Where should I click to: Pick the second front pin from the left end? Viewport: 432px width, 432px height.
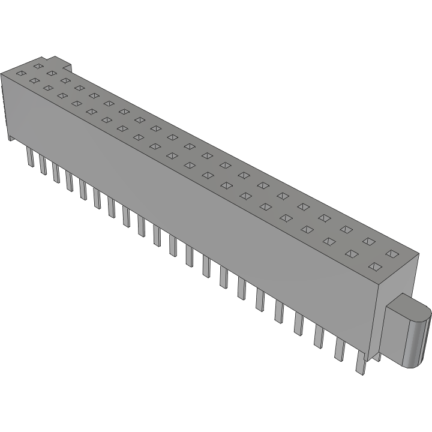(x=43, y=164)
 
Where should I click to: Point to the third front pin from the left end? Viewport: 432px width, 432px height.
(x=56, y=172)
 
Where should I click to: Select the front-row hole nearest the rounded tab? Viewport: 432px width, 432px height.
(x=376, y=266)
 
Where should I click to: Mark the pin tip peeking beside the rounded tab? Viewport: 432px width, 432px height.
(x=377, y=359)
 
